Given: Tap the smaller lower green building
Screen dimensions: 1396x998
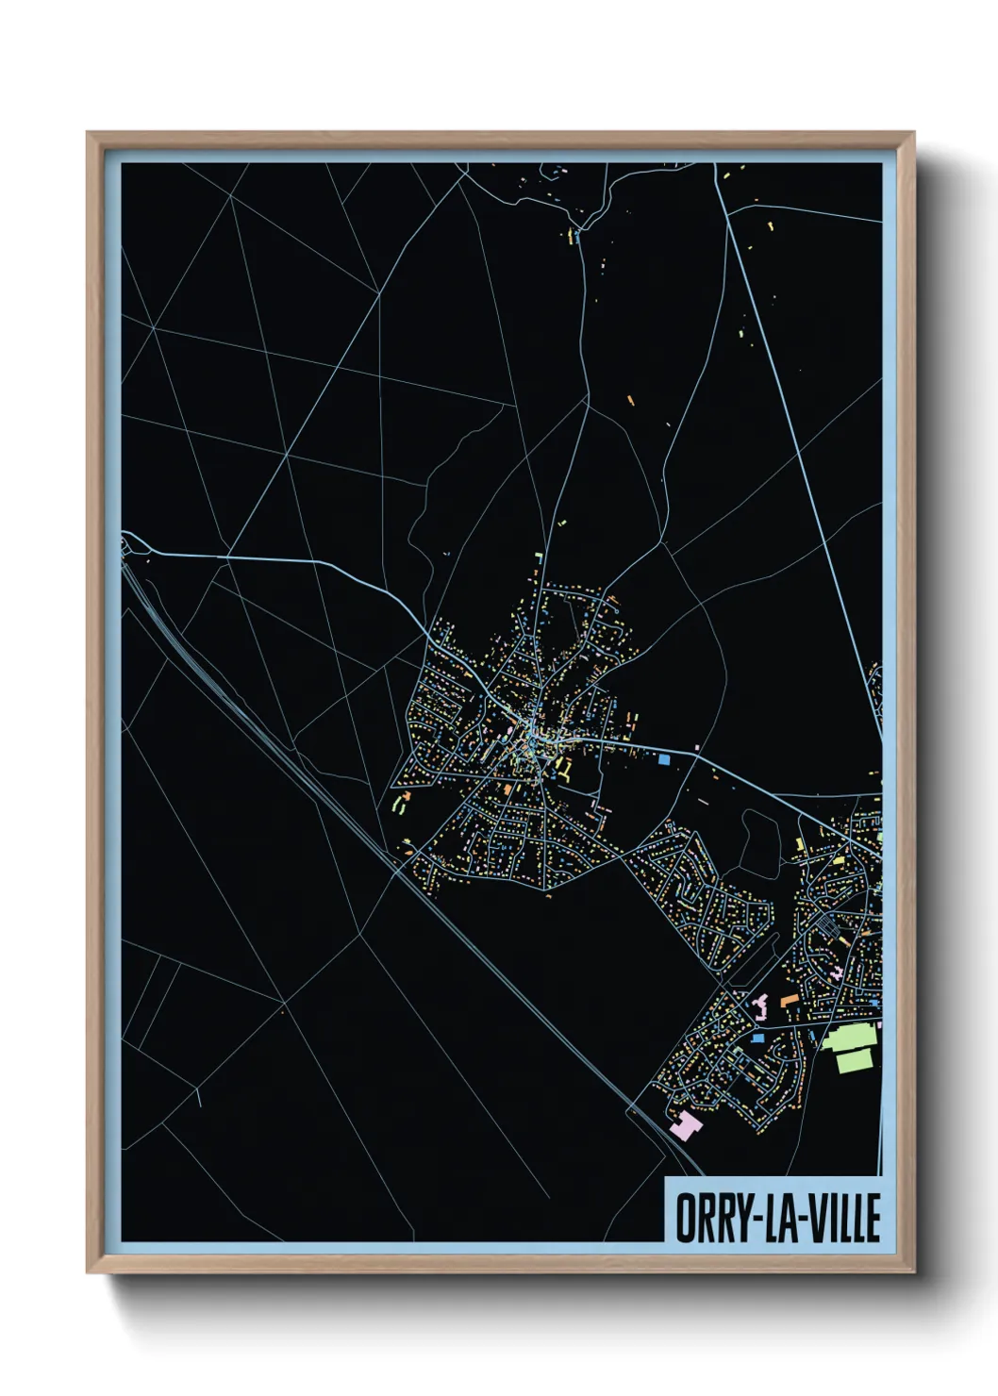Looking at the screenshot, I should (855, 1060).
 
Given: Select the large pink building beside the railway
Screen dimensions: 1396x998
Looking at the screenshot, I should (686, 1123).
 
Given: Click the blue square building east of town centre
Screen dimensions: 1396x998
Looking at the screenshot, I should (663, 757).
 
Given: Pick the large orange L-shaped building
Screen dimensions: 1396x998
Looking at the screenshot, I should (788, 998).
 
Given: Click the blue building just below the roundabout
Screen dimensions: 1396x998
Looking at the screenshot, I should (757, 1038).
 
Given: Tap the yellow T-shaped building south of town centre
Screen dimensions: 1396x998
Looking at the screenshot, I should (567, 771).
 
